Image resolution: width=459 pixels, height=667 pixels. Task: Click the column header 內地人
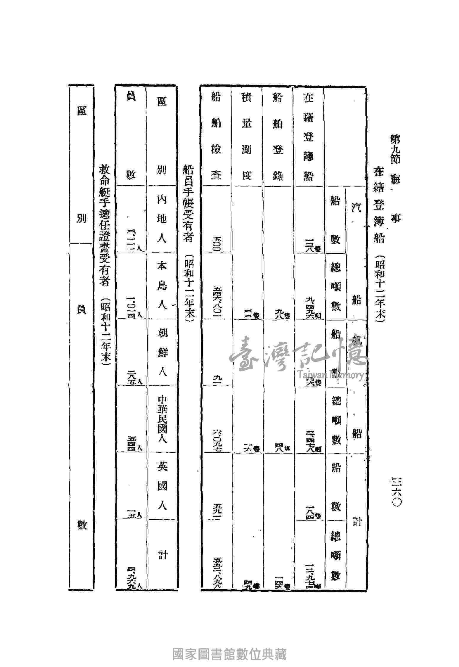pos(161,219)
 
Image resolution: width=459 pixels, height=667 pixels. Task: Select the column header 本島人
pos(161,285)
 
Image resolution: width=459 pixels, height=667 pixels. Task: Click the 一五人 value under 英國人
pos(131,515)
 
